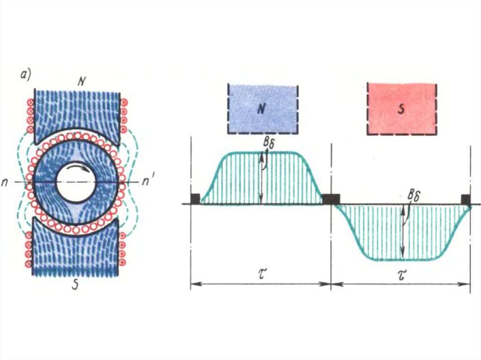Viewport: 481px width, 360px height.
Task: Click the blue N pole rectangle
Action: point(263,109)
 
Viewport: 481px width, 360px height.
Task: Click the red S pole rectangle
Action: point(402,109)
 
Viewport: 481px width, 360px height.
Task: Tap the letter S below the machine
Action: point(75,285)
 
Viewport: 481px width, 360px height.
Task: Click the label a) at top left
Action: point(25,75)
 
